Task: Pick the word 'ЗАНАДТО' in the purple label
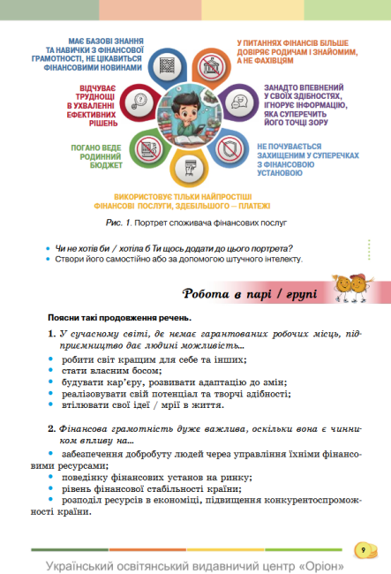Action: (x=282, y=89)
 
